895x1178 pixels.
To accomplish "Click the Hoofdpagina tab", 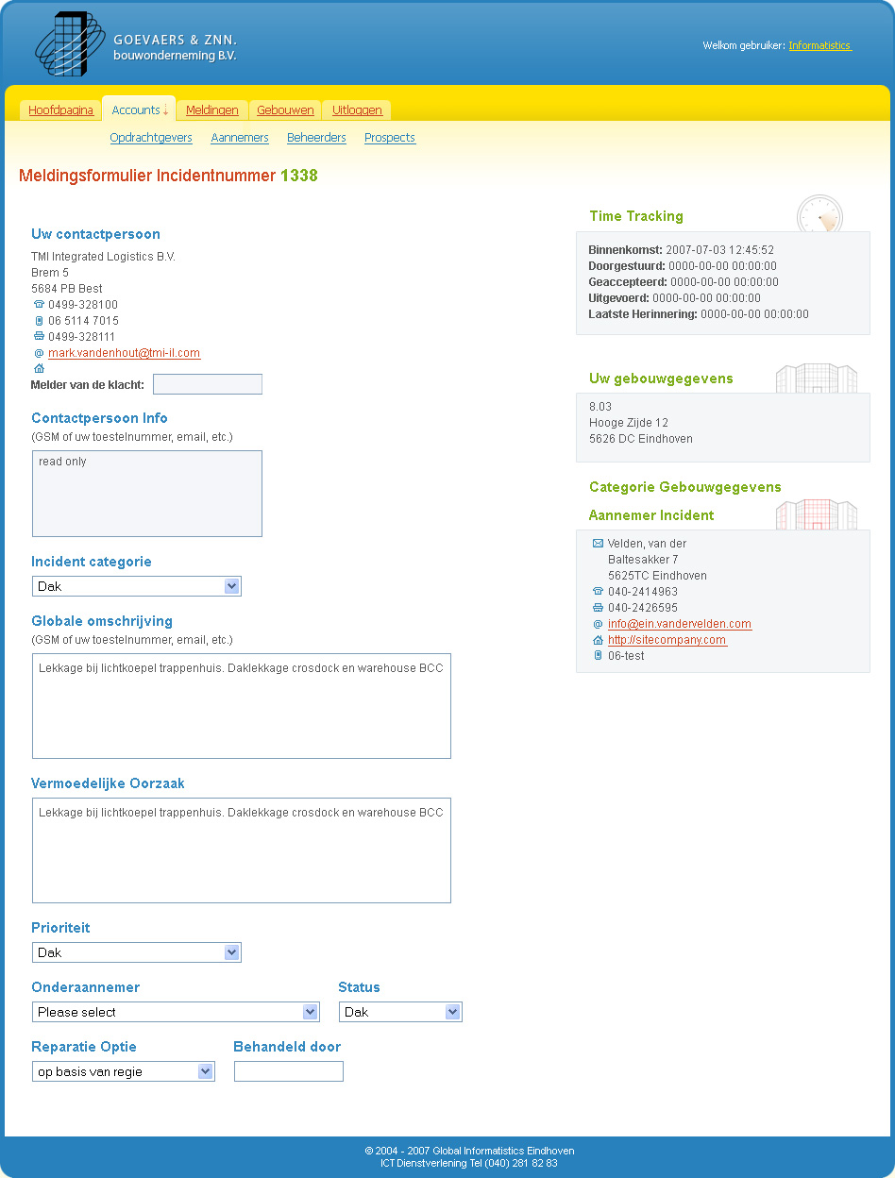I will click(60, 110).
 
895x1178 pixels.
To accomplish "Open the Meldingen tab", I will click(211, 110).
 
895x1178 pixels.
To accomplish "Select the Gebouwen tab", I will click(285, 110).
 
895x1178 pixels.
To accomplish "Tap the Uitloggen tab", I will click(357, 110).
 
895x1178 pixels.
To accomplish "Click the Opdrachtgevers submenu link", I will click(151, 138).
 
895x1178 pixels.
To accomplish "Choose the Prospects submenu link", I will click(390, 138).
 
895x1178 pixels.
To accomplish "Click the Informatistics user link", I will click(819, 45).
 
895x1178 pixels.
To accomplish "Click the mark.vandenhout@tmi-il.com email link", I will click(124, 353).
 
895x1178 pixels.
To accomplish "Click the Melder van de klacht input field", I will click(208, 384).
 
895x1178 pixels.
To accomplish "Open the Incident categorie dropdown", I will click(137, 586).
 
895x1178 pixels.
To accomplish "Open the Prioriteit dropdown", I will click(137, 952).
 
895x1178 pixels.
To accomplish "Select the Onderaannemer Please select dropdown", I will click(176, 1012).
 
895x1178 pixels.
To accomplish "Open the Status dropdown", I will click(400, 1012).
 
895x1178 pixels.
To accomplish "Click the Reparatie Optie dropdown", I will click(123, 1071).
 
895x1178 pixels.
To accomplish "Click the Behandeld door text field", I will click(289, 1071).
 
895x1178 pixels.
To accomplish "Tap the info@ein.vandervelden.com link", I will click(680, 624).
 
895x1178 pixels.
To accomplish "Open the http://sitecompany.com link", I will click(667, 640).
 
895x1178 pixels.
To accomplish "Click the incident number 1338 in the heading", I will click(299, 176).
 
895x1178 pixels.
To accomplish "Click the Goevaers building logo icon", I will click(68, 44).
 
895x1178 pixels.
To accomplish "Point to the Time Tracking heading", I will click(636, 216).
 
